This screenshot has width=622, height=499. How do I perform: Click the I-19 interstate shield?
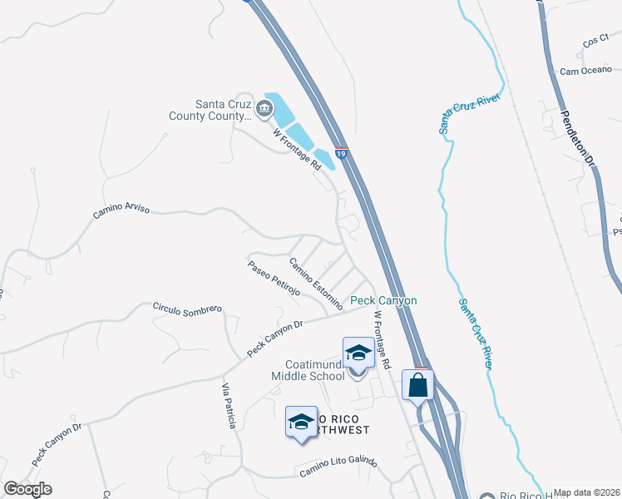click(x=341, y=153)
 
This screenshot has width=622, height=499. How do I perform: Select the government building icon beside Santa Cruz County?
click(x=264, y=106)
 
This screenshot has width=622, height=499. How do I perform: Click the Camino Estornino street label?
click(x=316, y=284)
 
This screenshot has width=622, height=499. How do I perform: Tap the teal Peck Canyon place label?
click(x=383, y=300)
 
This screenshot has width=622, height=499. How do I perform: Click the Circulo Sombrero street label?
click(x=187, y=308)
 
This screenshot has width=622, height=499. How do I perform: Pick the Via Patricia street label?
click(x=229, y=407)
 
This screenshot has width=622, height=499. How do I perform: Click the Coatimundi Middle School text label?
click(x=308, y=370)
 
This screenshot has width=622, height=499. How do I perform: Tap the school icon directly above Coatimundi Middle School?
click(x=358, y=353)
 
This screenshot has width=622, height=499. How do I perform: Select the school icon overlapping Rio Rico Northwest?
click(x=301, y=422)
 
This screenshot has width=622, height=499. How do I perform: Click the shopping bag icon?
click(x=417, y=385)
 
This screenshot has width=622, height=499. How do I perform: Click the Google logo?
click(x=27, y=489)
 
